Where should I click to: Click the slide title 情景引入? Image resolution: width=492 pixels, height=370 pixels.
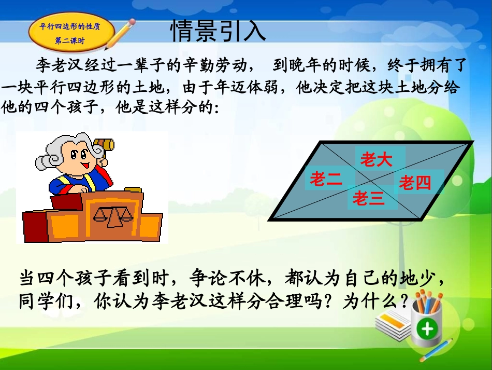pyautogui.click(x=218, y=32)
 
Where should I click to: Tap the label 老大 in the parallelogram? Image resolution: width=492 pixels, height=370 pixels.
pyautogui.click(x=376, y=160)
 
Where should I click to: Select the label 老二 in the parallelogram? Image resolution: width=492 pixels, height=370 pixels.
pyautogui.click(x=326, y=180)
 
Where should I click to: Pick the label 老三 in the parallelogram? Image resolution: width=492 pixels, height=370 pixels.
pyautogui.click(x=369, y=198)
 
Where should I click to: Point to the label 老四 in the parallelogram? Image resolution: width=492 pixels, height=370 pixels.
pyautogui.click(x=415, y=183)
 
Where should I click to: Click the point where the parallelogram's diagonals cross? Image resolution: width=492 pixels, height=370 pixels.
pyautogui.click(x=371, y=181)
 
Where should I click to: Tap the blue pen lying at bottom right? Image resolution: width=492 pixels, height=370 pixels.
pyautogui.click(x=436, y=350)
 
